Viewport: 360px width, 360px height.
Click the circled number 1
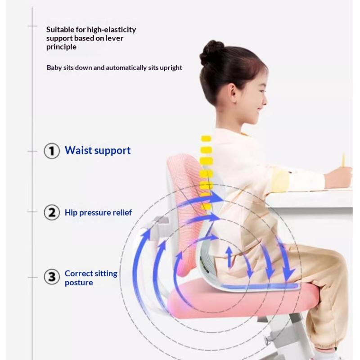coord(52,151)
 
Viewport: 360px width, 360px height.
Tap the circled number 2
coord(52,212)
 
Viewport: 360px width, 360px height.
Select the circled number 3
coord(52,277)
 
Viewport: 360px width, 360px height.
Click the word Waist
coord(78,150)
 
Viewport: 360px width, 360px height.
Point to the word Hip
coord(71,213)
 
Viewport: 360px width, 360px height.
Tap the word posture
coord(79,283)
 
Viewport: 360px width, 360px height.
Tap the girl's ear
coord(232,94)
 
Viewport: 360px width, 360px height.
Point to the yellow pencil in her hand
coord(343,160)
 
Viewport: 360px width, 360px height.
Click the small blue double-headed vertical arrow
coord(229,257)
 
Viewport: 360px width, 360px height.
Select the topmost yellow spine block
coord(206,139)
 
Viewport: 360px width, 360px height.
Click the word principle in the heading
coord(61,47)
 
